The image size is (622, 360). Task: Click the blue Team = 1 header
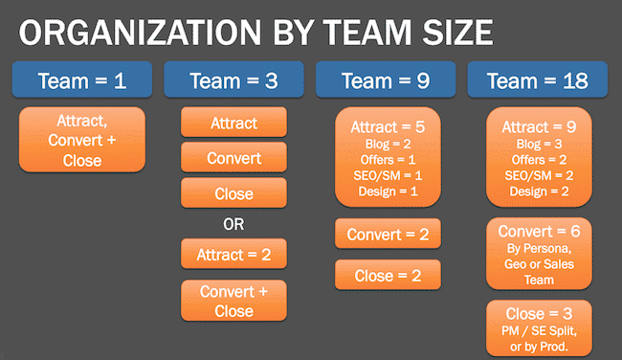81,80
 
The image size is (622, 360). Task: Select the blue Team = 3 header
233,80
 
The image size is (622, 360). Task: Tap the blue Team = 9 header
386,80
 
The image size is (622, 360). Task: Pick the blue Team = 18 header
538,80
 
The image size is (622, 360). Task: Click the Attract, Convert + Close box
82,141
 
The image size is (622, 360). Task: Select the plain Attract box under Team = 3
233,124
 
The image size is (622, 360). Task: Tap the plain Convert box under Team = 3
233,158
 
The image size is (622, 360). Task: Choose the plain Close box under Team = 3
233,192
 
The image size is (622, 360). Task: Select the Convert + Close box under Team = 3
233,300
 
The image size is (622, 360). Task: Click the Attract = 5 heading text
387,127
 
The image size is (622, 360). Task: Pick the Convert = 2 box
387,234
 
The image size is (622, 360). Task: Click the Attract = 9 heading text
539,127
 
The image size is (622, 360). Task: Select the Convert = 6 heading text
539,231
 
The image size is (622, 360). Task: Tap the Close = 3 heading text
539,313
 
